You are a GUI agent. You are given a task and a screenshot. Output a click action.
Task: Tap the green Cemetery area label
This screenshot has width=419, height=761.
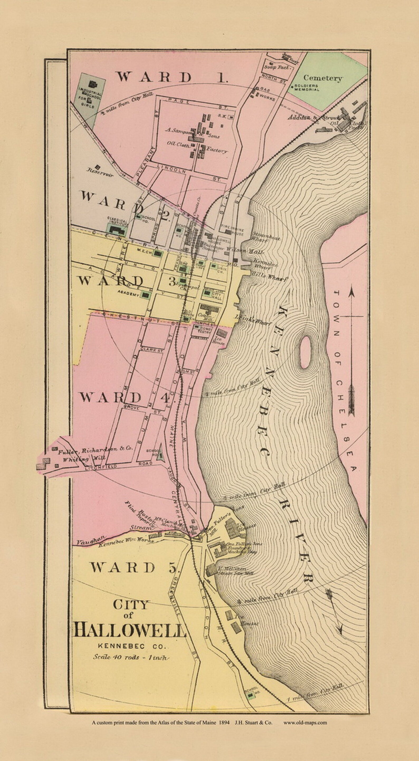pos(322,78)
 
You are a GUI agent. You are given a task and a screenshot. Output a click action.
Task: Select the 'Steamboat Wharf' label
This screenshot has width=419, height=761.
pos(266,238)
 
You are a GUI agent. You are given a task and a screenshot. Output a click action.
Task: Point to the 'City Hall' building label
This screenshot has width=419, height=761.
pos(218,295)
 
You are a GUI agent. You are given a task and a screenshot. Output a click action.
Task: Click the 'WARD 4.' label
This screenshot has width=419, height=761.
pos(125,398)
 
